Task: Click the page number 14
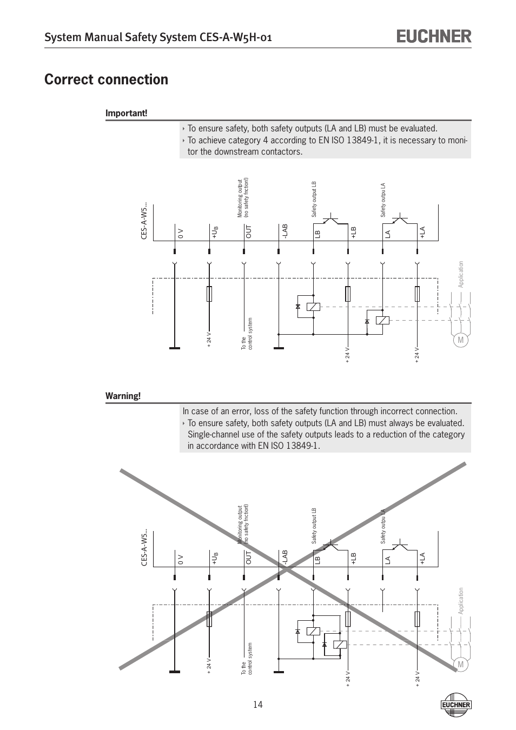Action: click(257, 704)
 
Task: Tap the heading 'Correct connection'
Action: click(107, 79)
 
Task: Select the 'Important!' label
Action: click(126, 113)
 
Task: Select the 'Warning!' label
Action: click(123, 396)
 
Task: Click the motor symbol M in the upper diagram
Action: click(460, 340)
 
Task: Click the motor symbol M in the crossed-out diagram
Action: click(460, 665)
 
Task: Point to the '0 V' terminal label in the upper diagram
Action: click(181, 234)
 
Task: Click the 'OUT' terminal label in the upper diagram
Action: click(249, 232)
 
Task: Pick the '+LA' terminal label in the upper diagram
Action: click(423, 232)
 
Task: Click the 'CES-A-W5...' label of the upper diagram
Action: click(144, 222)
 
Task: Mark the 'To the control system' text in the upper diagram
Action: click(247, 333)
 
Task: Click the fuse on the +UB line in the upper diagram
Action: click(209, 294)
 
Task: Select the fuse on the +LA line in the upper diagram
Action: click(417, 294)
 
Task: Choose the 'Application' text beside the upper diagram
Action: click(461, 275)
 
